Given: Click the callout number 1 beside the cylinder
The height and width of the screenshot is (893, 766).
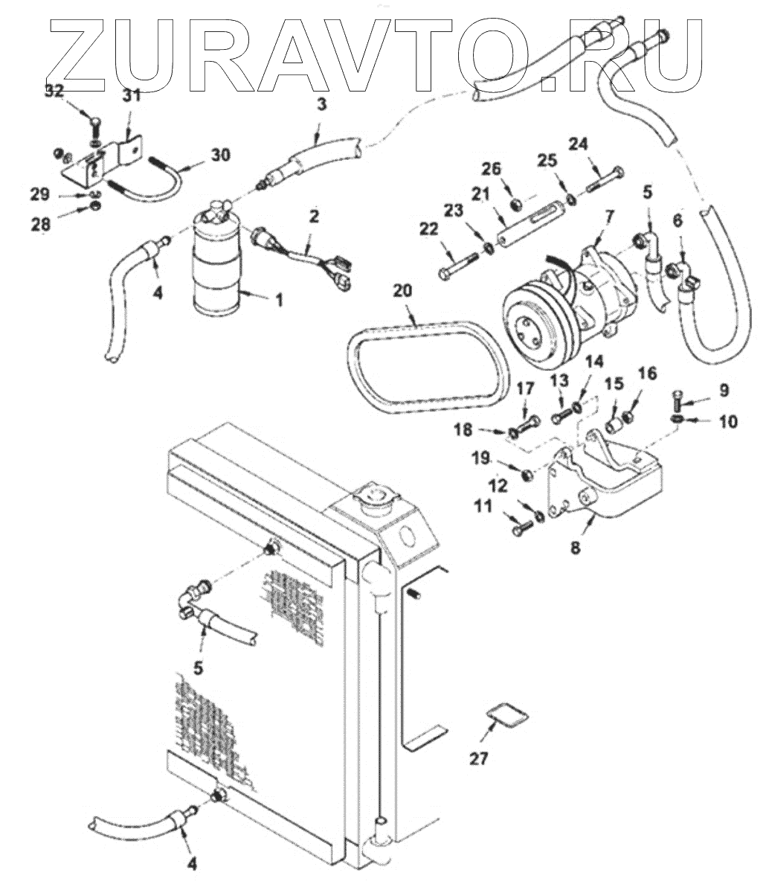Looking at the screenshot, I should click(x=279, y=301).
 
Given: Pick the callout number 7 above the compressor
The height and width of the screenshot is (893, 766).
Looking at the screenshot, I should click(x=608, y=217).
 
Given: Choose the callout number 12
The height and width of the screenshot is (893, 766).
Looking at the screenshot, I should click(x=498, y=485).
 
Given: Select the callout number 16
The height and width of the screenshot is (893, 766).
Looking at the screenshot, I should click(x=648, y=373).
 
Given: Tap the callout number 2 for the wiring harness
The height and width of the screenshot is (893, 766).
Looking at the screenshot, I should click(x=314, y=217).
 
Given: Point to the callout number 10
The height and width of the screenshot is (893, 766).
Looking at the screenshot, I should click(x=727, y=422).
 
